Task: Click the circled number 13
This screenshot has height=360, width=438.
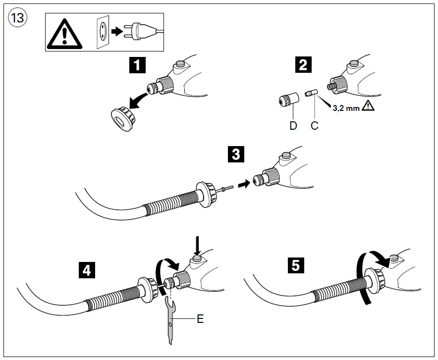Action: [18, 18]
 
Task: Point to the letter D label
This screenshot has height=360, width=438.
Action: [293, 126]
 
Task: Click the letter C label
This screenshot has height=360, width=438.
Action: [314, 126]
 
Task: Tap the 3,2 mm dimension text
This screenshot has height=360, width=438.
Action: [346, 108]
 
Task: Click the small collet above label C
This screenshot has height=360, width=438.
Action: [311, 94]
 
